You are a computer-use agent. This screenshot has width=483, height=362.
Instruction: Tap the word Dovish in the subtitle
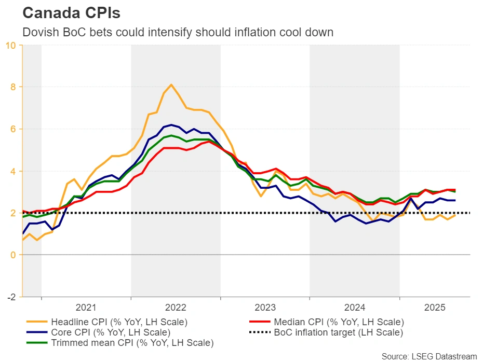38,32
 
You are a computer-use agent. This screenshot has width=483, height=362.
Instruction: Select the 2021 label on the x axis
86,307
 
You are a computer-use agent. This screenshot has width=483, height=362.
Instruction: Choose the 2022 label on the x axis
176,307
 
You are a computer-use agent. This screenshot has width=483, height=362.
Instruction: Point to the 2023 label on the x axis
265,307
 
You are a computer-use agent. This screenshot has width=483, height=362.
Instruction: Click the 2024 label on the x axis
354,307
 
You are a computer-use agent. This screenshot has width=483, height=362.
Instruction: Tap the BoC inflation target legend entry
338,332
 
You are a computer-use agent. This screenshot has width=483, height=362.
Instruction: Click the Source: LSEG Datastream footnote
429,356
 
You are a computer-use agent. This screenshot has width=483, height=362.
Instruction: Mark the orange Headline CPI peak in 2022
171,85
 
